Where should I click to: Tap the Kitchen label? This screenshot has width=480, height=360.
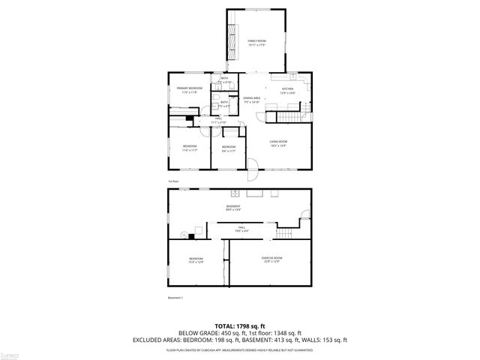287,91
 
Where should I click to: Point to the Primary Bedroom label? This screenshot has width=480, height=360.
190,90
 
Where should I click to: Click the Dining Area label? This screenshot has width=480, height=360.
252,100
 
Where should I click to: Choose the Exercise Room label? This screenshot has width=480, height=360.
271,259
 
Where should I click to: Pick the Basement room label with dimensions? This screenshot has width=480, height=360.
234,208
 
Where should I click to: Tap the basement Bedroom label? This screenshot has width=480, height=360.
196,259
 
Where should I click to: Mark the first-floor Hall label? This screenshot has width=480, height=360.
218,119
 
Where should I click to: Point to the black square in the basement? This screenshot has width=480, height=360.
192,236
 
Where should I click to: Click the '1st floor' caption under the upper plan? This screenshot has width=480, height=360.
172,181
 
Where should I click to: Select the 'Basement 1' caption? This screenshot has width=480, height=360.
176,298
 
